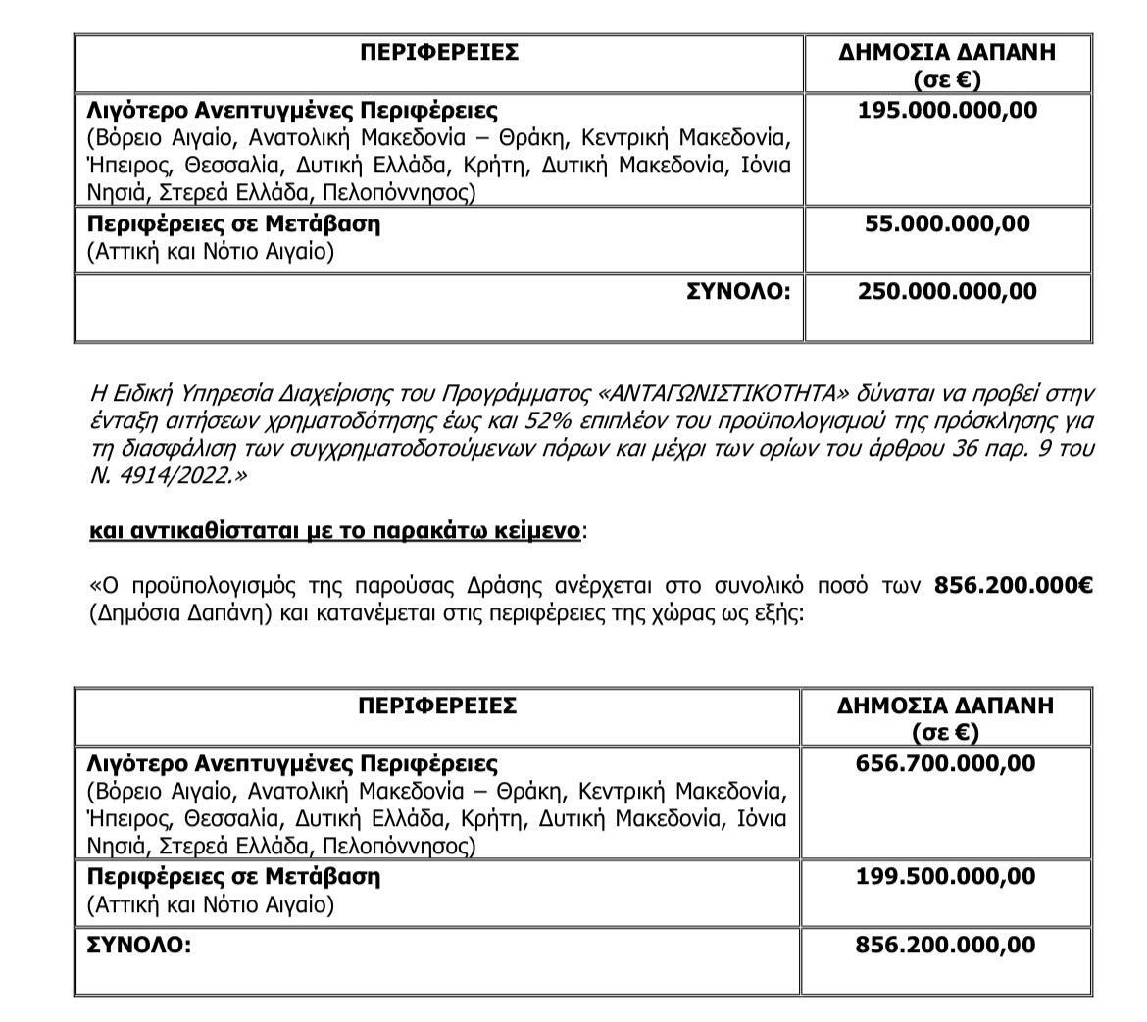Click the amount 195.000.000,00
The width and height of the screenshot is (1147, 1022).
point(947,110)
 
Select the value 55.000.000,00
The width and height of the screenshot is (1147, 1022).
point(947,223)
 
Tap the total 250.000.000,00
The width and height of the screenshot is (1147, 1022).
point(947,291)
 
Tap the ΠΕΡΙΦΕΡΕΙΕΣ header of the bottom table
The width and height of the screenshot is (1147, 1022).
point(437,706)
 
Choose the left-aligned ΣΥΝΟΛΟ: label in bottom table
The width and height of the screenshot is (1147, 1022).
point(138,945)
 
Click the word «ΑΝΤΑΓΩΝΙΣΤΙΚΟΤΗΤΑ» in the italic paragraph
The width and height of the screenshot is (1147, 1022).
point(722,394)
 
